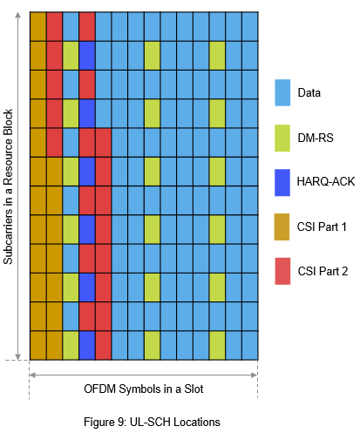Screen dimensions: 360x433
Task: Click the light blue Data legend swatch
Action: [282, 92]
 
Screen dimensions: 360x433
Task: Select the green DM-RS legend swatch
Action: [282, 138]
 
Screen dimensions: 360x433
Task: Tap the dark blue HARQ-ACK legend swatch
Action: [282, 183]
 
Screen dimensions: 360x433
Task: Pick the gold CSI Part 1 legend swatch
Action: [282, 227]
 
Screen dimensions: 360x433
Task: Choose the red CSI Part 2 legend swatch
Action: [282, 271]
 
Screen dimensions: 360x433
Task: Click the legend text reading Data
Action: [309, 93]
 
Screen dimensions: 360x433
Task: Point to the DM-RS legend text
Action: [316, 138]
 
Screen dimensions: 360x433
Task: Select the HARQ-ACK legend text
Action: [326, 181]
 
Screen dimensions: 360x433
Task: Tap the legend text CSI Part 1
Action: [322, 227]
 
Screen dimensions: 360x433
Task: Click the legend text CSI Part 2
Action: [323, 271]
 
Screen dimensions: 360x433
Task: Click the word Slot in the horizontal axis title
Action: [194, 389]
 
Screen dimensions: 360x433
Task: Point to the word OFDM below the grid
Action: [100, 389]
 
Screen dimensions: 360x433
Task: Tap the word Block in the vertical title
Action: [8, 122]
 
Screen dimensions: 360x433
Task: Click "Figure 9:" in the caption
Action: [105, 422]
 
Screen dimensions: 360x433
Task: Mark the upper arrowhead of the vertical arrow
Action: [18, 15]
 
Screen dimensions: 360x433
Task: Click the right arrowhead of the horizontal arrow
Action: [254, 375]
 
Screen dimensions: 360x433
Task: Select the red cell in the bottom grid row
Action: [104, 345]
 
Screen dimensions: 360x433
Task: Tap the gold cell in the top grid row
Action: [38, 26]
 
